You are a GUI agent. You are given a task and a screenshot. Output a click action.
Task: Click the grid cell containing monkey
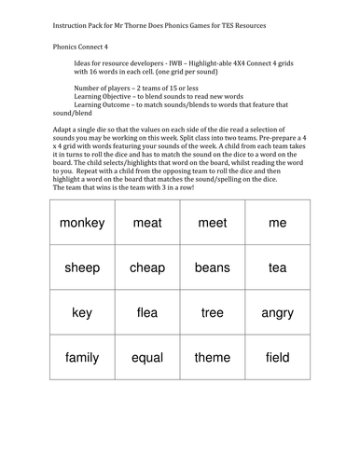82,223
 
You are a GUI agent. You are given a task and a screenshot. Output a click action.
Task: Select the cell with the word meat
147,223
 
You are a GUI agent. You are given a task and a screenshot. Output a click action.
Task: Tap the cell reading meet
213,223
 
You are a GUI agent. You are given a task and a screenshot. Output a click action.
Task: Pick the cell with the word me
277,223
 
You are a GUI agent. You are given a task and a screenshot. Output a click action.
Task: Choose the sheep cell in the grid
82,267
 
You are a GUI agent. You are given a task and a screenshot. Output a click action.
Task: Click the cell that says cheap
147,267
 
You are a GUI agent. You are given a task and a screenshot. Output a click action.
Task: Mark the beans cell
213,267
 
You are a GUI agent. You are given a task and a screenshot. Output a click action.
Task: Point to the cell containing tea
277,267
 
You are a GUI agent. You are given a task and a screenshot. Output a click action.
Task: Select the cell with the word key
82,312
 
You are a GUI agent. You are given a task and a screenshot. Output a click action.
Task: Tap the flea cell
147,312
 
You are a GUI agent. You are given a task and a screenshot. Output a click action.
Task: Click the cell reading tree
213,312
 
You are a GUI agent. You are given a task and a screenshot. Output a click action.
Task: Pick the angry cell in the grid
277,312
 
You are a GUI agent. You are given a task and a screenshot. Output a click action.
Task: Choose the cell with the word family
82,357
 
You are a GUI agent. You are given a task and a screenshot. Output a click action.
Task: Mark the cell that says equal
147,357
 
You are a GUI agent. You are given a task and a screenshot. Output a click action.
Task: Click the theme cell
213,357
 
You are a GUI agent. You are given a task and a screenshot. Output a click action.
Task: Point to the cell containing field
277,357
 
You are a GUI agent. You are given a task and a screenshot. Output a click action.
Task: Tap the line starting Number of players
140,87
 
